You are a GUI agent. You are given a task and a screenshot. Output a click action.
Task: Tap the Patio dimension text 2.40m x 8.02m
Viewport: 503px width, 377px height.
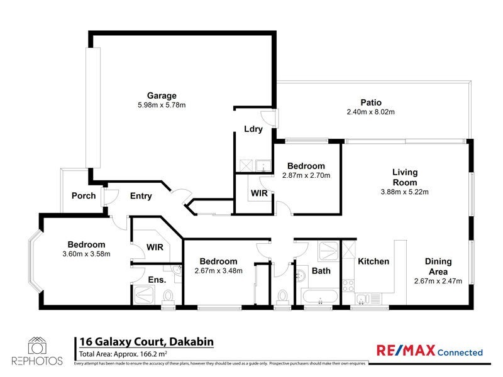[370, 112]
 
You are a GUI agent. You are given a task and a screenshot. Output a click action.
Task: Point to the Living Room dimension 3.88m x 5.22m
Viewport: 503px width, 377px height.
[405, 192]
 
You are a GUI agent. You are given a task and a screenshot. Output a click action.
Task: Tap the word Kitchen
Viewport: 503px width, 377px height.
[373, 261]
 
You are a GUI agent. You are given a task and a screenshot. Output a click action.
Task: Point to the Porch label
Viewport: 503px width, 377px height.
[84, 195]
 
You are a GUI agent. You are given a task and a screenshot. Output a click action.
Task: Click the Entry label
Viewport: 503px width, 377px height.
[141, 196]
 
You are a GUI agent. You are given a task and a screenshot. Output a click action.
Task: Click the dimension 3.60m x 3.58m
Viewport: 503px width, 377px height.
[87, 254]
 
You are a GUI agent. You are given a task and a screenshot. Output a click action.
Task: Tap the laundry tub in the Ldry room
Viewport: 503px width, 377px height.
[263, 166]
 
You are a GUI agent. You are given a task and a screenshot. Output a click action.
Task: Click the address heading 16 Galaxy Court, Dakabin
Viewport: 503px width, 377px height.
[146, 342]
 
